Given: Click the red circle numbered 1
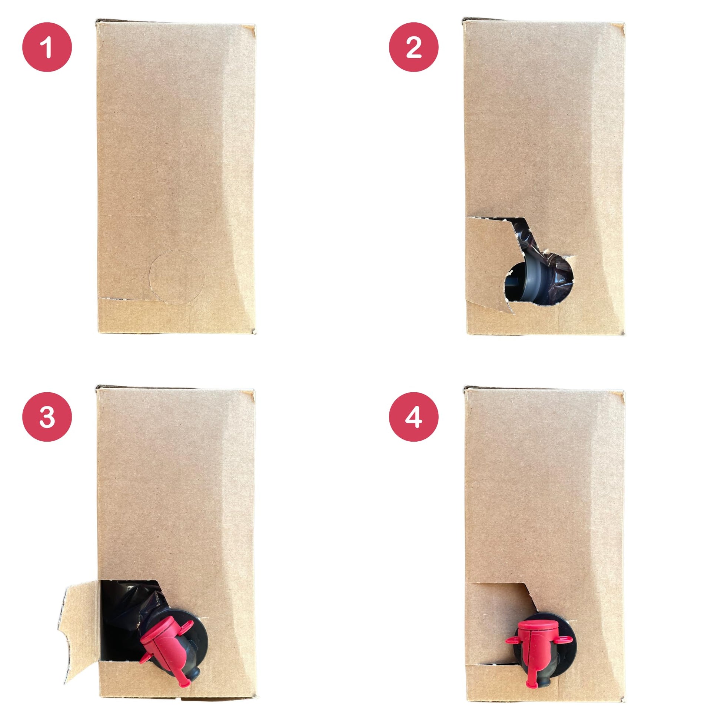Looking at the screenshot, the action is [x=47, y=47].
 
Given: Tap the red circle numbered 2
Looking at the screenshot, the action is [x=413, y=47].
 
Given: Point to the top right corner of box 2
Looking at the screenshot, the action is [x=624, y=24].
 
